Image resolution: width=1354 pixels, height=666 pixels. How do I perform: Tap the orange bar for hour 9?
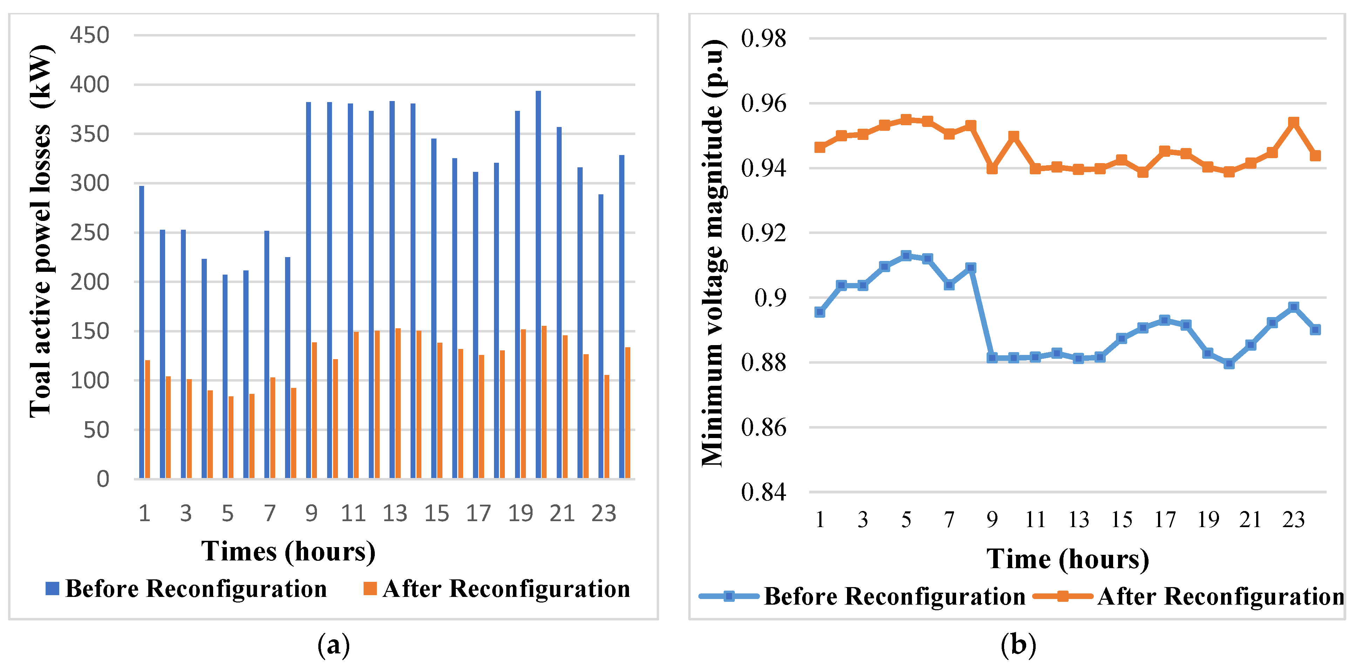point(314,410)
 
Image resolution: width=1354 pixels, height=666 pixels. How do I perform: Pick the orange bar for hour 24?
point(628,413)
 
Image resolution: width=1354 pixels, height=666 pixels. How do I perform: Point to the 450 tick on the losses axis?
point(90,35)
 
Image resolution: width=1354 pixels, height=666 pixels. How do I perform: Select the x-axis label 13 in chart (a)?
point(395,513)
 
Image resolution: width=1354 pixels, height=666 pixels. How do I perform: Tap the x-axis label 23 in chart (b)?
point(1294,520)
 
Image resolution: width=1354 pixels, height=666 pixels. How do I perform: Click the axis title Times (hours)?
point(288,551)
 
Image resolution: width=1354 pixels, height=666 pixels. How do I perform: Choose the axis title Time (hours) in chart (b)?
point(1068,558)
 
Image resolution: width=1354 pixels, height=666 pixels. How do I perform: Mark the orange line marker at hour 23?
point(1294,122)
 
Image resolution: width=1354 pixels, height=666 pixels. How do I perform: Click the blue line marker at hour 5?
point(906,255)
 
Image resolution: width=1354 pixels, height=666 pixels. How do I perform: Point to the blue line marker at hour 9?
point(992,357)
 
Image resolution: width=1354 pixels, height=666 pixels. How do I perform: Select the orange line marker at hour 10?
point(1014,136)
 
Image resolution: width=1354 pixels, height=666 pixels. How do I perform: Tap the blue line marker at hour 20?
point(1229,363)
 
